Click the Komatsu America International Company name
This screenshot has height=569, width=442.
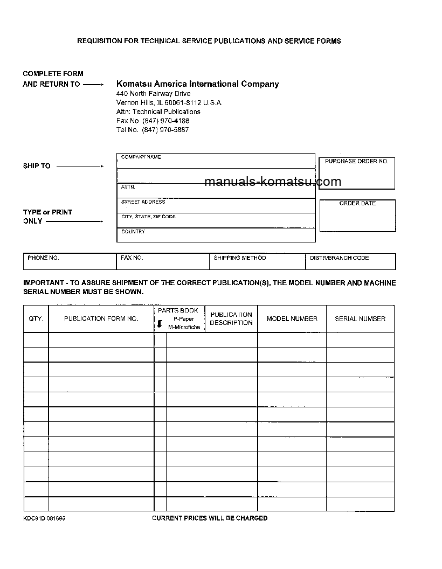(197, 84)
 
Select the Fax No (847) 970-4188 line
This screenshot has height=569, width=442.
(153, 121)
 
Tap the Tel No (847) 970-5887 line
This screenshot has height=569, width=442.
(153, 130)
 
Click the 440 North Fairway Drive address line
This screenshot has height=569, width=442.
(153, 94)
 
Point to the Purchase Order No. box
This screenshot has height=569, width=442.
(357, 174)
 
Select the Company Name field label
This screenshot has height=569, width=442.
(141, 157)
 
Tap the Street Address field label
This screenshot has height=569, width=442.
(143, 202)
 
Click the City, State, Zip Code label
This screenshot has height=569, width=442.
(148, 217)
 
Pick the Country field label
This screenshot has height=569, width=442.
(133, 232)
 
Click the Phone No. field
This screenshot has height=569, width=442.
(70, 261)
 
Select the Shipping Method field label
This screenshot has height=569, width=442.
(239, 258)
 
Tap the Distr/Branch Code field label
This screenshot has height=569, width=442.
(339, 258)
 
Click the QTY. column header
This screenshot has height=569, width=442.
(36, 319)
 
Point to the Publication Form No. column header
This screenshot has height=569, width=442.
(101, 319)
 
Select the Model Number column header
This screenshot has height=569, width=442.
(292, 319)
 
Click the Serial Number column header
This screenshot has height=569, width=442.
(360, 319)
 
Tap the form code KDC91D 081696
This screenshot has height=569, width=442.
(44, 518)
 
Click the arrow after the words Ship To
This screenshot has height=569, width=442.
(80, 166)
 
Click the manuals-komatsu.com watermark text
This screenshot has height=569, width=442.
(273, 182)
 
